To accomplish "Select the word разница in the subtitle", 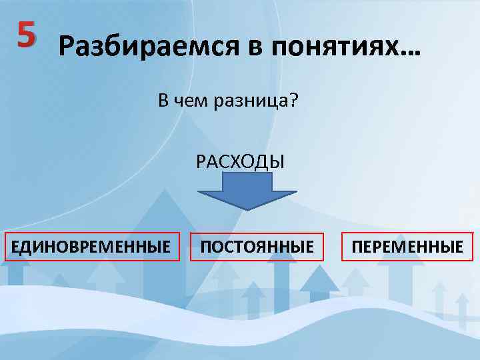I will [x=257, y=102].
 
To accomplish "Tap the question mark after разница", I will [x=293, y=101].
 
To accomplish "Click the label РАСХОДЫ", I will [x=240, y=161].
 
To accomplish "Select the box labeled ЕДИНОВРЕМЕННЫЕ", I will [x=91, y=247].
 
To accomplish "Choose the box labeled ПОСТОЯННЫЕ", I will [x=257, y=247].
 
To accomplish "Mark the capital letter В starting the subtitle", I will [x=163, y=101].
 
